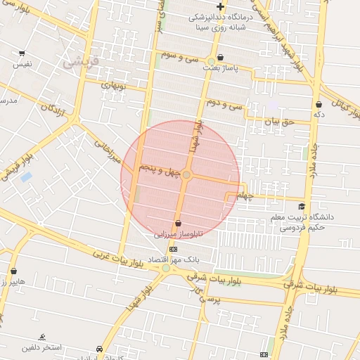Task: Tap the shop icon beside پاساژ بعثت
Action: [x=221, y=58]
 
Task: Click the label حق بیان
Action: [x=276, y=122]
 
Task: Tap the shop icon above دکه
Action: [x=319, y=104]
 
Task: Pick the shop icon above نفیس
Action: [x=22, y=53]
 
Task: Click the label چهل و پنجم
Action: [x=159, y=170]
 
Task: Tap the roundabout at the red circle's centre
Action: [x=186, y=174]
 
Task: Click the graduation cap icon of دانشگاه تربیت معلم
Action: [x=302, y=206]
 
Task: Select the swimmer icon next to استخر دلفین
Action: [x=42, y=337]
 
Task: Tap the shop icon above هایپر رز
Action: [x=13, y=271]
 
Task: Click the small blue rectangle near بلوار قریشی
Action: [x=26, y=176]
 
